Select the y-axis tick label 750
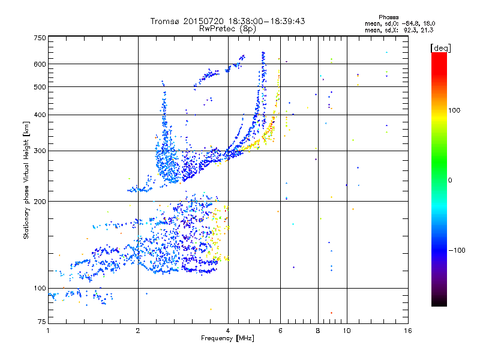40,38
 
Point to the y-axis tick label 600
40,64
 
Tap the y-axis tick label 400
40,115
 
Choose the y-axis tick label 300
40,151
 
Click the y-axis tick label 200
40,202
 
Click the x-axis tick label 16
407,331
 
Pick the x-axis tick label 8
318,331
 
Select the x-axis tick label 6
280,331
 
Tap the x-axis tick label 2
138,331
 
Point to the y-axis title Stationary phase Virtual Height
26,180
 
